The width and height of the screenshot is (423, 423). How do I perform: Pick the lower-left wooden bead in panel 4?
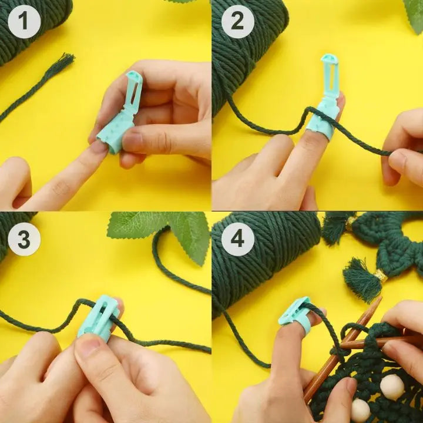pyautogui.click(x=360, y=410)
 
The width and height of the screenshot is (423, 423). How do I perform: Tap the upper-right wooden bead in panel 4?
pyautogui.click(x=392, y=387)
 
